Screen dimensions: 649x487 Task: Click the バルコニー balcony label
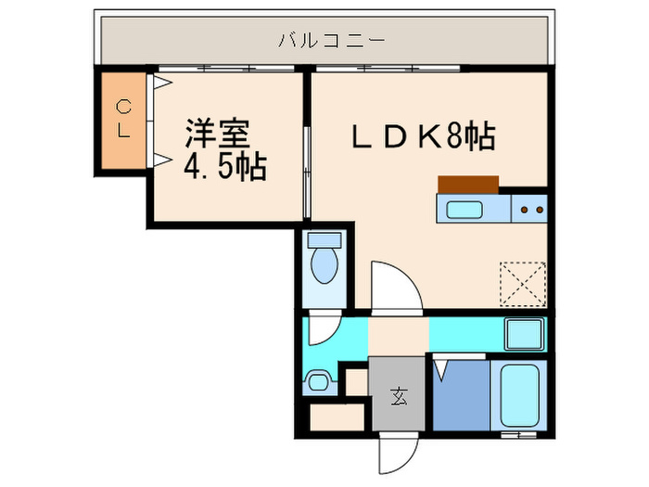[331, 41]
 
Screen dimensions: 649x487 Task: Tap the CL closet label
[123, 119]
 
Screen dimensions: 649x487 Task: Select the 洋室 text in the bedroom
[217, 134]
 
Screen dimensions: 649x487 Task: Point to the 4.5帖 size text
[224, 167]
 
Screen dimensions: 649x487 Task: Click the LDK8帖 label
[423, 135]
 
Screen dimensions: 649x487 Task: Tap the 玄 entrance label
[399, 396]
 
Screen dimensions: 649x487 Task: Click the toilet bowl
[324, 265]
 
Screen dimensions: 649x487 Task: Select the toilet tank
[324, 239]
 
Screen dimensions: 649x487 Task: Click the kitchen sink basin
[464, 210]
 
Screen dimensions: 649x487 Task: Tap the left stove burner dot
[525, 210]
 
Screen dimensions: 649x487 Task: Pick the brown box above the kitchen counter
[468, 185]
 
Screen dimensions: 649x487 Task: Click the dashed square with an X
[522, 284]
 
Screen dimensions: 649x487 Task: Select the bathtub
[519, 395]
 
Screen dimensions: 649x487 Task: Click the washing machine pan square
[525, 334]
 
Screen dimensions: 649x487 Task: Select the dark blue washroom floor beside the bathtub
[461, 395]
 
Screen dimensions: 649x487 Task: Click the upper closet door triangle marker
[162, 83]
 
